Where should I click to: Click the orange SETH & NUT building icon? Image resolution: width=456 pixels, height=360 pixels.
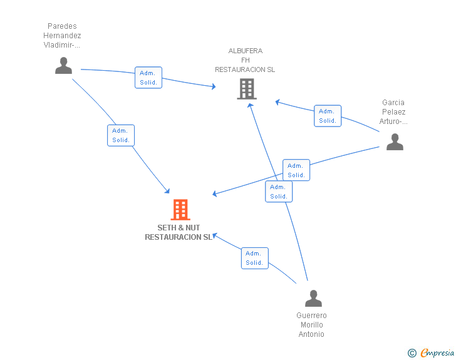point(180,209)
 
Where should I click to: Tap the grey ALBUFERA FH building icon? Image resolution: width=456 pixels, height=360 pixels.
point(247,89)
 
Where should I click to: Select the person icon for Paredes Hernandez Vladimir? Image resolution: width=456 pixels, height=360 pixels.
point(63,66)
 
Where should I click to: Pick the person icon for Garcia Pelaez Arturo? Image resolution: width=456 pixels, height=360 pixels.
point(395,142)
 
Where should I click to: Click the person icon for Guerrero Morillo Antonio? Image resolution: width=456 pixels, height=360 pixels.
point(313,299)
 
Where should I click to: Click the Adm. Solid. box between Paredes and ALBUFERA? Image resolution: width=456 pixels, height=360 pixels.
point(148,78)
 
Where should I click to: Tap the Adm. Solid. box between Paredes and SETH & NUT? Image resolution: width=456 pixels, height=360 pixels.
point(121,135)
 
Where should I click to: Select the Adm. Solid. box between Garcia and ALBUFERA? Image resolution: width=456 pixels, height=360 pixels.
point(328,116)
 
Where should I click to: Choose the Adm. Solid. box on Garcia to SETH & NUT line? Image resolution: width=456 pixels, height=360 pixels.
point(296,170)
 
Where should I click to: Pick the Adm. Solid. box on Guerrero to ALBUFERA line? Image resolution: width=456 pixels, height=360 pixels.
point(279,192)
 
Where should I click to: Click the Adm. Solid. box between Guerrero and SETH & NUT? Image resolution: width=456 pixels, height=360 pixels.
point(254,258)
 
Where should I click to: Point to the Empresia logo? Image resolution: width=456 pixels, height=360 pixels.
point(437,353)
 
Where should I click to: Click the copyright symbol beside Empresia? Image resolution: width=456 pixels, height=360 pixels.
point(412,353)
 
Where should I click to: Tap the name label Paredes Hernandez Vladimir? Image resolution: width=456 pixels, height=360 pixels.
point(62,36)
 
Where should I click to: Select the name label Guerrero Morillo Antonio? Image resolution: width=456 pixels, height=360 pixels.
point(311,325)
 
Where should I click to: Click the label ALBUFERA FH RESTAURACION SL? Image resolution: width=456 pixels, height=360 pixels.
point(245,60)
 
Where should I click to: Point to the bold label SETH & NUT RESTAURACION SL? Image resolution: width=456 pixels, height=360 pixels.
point(179,232)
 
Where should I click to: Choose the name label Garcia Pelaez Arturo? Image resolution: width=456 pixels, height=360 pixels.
point(393,112)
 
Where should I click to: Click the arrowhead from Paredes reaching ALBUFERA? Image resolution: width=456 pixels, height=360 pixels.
point(214,86)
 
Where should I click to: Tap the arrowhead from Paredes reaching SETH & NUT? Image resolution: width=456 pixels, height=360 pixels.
point(167,191)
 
